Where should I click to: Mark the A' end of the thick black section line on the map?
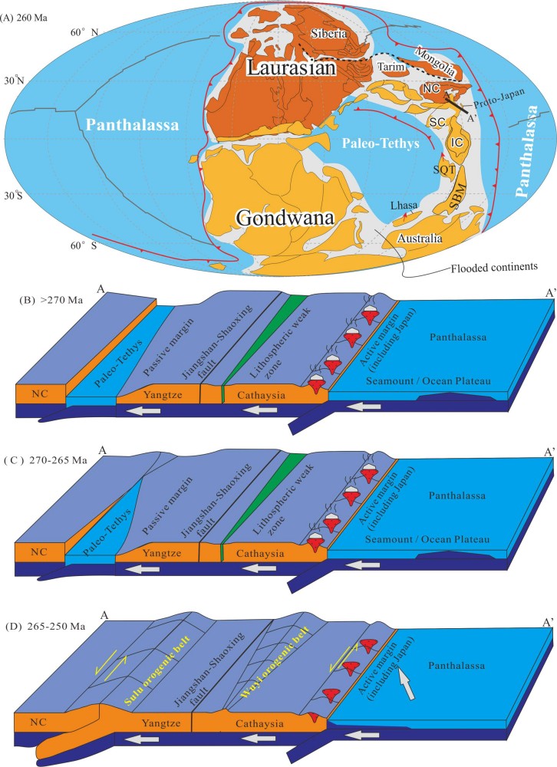tap(466, 110)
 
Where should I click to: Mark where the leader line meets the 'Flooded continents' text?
tap(450, 268)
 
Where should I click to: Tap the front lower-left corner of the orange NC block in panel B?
tap(15, 401)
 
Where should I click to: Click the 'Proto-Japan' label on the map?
tap(499, 98)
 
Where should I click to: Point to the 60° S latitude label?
tap(84, 245)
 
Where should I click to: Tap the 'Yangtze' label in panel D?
tap(161, 723)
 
